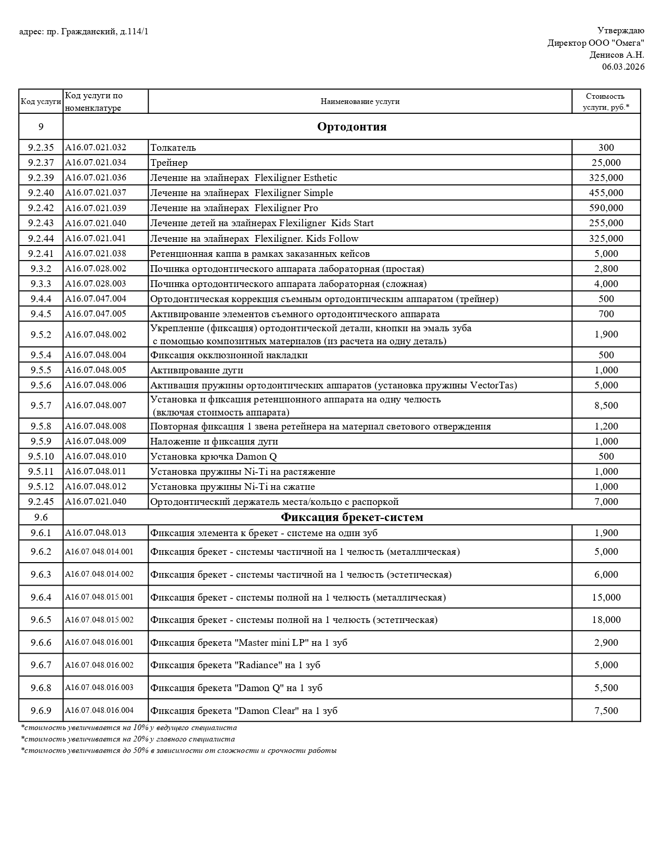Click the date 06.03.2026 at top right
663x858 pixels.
click(x=623, y=67)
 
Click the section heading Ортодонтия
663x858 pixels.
click(x=352, y=127)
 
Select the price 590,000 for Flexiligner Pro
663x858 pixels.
click(x=606, y=208)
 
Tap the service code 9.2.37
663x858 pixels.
click(x=41, y=163)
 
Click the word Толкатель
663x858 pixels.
click(x=173, y=148)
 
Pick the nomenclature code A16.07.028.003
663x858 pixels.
click(x=96, y=284)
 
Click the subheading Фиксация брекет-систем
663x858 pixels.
click(x=352, y=517)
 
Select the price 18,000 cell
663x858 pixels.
click(x=606, y=620)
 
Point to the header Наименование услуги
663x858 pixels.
click(x=360, y=101)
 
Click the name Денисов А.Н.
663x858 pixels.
click(x=617, y=55)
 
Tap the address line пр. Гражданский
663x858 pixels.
click(x=84, y=32)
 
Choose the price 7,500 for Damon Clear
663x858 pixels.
click(x=606, y=711)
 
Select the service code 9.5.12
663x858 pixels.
click(x=41, y=487)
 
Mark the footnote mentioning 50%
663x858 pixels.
click(x=178, y=751)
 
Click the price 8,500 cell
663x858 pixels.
click(x=606, y=406)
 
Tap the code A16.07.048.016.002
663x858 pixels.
click(x=99, y=665)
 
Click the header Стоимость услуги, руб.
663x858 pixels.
click(x=606, y=101)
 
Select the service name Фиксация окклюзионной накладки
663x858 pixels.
click(x=229, y=355)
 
